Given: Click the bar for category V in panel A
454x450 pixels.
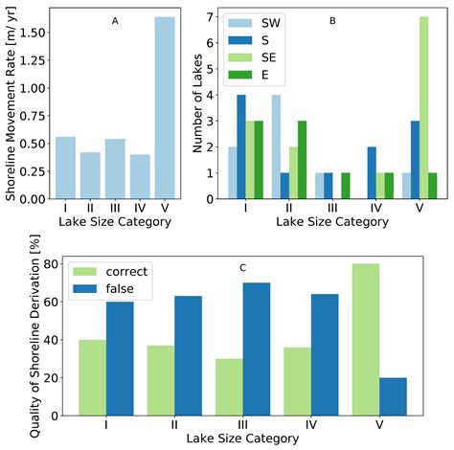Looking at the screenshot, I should [165, 107].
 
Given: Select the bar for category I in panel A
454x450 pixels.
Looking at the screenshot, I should [65, 168].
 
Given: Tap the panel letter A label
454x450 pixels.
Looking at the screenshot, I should [115, 21].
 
